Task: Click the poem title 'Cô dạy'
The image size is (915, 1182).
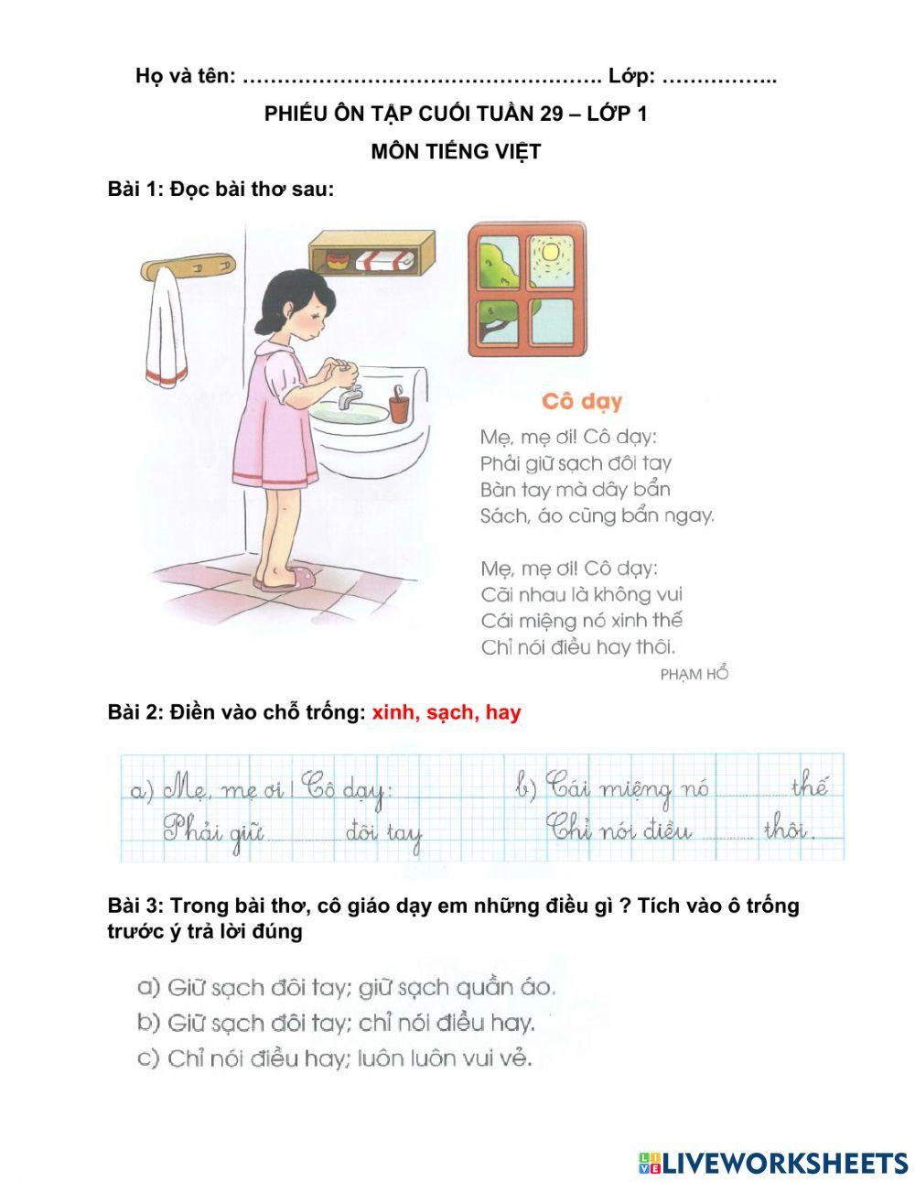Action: [581, 401]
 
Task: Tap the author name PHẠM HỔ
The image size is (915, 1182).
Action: [694, 674]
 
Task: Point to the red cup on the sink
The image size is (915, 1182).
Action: [399, 404]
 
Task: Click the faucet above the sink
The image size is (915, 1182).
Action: [348, 396]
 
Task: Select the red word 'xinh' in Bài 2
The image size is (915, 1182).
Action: [391, 712]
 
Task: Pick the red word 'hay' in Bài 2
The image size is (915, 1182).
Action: [502, 712]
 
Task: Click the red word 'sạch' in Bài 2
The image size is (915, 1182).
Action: [447, 712]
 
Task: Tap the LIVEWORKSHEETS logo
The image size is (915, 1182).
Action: [772, 1163]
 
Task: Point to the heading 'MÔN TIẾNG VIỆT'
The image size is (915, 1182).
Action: [456, 152]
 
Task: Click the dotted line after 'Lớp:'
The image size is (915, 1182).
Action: [718, 77]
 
